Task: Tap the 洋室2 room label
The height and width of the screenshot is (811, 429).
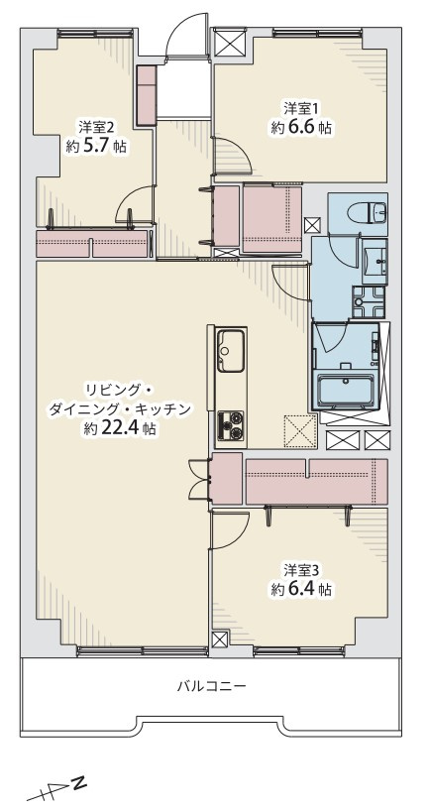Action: (x=96, y=127)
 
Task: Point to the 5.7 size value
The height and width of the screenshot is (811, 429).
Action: (x=102, y=147)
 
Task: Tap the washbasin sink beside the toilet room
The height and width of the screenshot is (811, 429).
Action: (x=375, y=261)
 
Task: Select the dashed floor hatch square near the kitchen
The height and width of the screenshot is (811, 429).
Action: (x=298, y=431)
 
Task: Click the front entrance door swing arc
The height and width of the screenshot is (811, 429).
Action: (x=185, y=38)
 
